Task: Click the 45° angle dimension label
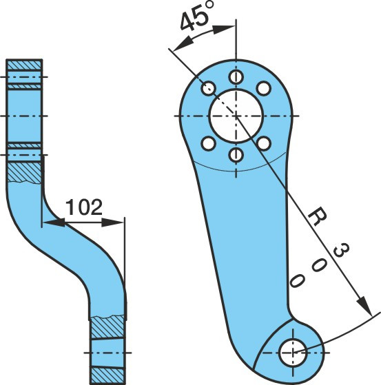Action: point(197,17)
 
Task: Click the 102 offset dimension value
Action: point(84,207)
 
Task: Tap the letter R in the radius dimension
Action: point(318,216)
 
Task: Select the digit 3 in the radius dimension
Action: point(341,250)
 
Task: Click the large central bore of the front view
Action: point(236,116)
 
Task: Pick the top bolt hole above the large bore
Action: point(236,77)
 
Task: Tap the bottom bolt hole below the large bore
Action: point(236,155)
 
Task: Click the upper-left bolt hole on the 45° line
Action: point(209,88)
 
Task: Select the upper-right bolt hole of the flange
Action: point(264,88)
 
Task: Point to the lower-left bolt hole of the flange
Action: point(209,144)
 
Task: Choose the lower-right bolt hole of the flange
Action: point(264,144)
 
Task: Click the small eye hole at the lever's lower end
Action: point(293,353)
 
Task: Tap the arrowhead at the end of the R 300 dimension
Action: point(365,306)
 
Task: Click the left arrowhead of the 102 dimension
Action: point(54,222)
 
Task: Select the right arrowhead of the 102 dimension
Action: point(112,222)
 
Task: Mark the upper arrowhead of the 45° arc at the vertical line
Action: point(223,29)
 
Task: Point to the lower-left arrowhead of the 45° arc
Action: point(183,43)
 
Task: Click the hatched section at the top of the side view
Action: point(24,65)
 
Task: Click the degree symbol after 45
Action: point(209,6)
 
